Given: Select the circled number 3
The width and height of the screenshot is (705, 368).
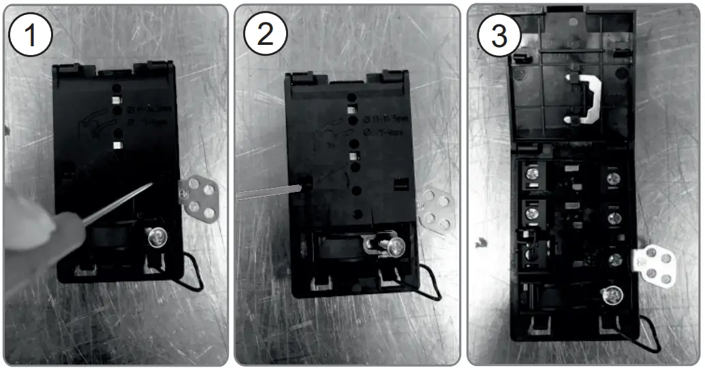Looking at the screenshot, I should [x=499, y=34].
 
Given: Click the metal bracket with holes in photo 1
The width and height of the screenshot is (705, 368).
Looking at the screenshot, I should [x=198, y=198].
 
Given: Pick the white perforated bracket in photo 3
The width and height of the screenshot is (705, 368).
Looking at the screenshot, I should [x=655, y=266].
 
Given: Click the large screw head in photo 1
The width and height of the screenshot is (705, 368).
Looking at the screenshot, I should [x=155, y=237].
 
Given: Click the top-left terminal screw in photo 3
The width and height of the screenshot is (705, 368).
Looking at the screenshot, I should [x=531, y=174].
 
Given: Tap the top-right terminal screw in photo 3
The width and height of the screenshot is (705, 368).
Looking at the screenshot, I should [x=613, y=178].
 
